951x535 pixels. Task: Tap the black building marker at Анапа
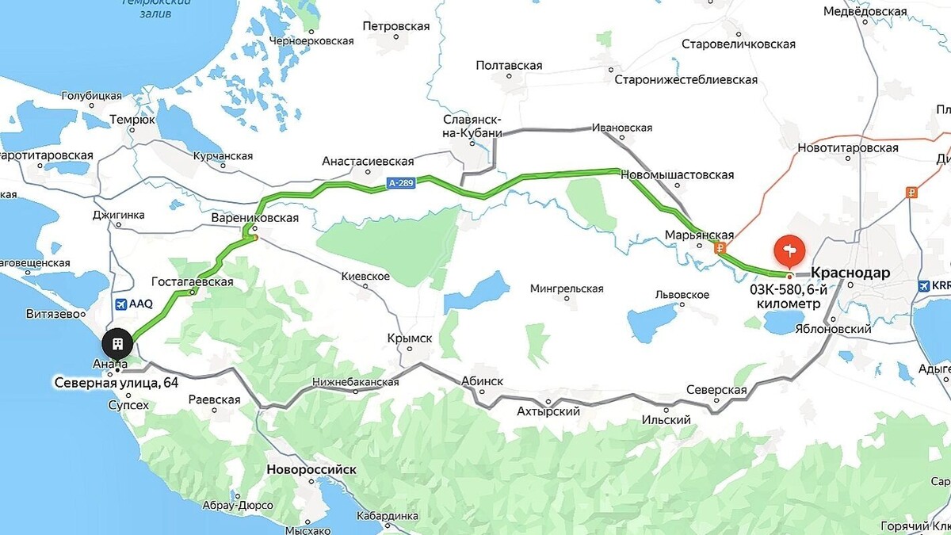[x=117, y=344]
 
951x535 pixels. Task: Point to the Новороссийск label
[x=311, y=469]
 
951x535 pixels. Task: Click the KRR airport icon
[x=925, y=285]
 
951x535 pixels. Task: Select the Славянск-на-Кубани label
[x=472, y=125]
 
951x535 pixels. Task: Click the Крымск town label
[x=410, y=338]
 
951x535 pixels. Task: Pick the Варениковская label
[x=255, y=217]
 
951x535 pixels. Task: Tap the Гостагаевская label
[x=193, y=281]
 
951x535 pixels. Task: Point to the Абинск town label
[x=481, y=381]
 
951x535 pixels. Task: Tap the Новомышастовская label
[x=677, y=174]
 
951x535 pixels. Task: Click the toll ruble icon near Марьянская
[x=720, y=248]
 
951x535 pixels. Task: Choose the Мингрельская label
[x=567, y=289]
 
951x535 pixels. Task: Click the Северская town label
[x=716, y=390]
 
